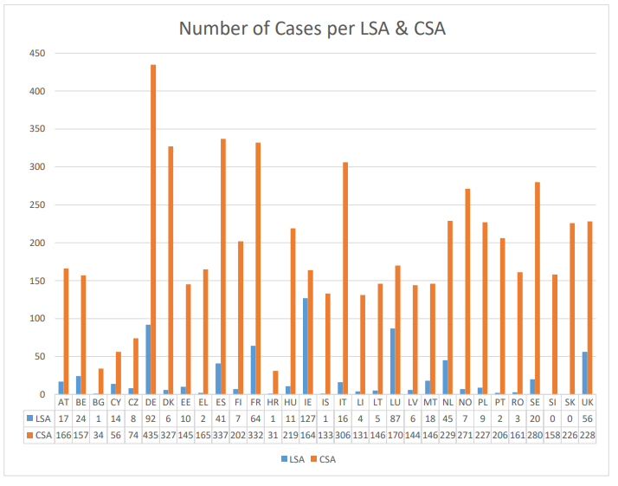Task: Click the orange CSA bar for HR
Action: pos(275,383)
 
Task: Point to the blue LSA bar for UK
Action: pos(585,373)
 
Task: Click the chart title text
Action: pos(312,29)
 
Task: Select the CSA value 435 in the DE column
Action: pos(151,433)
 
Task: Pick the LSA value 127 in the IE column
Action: pos(308,418)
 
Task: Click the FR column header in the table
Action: pos(255,403)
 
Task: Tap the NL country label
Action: pos(447,403)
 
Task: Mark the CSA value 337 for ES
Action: pos(221,433)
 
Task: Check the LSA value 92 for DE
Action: pos(151,418)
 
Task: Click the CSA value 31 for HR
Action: pos(273,433)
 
